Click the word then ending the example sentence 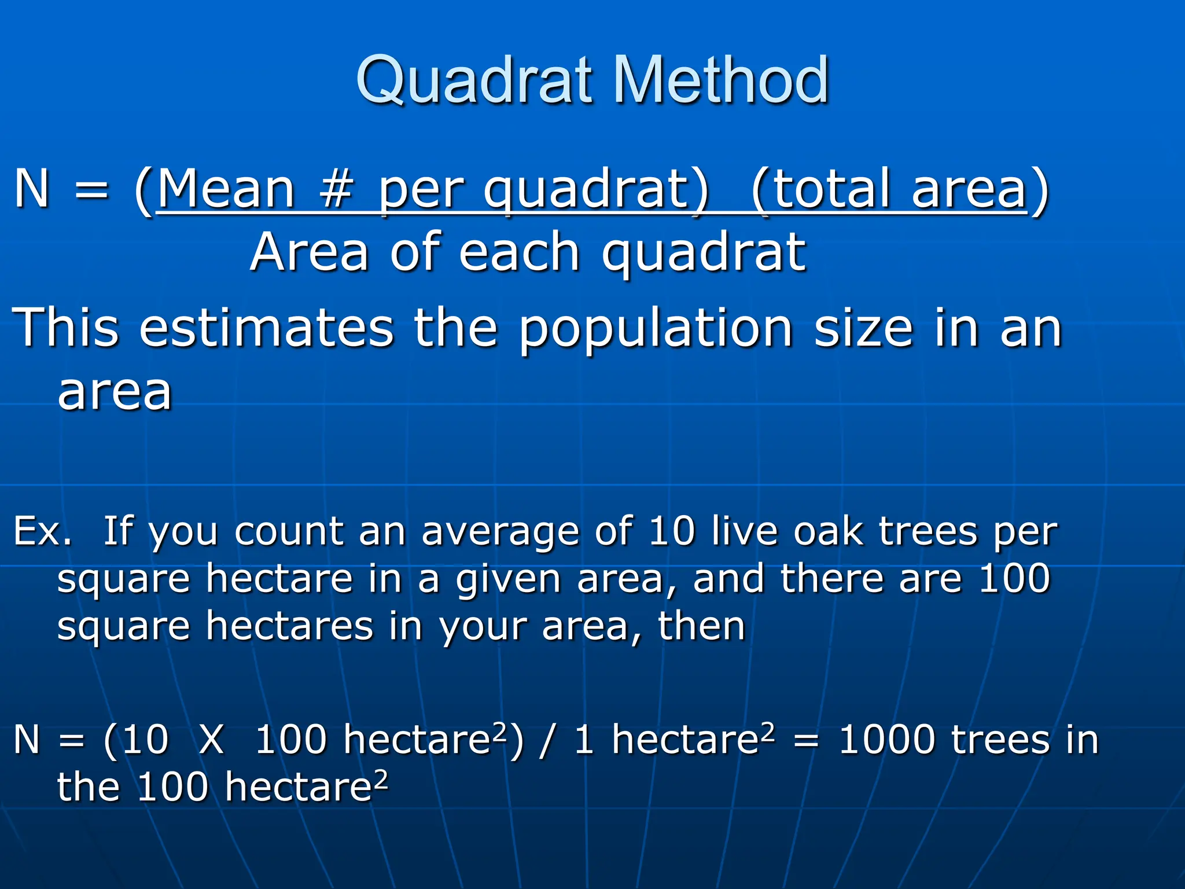(701, 626)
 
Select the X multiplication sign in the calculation (211, 740)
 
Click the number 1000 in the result (886, 740)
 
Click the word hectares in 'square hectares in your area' (290, 626)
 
